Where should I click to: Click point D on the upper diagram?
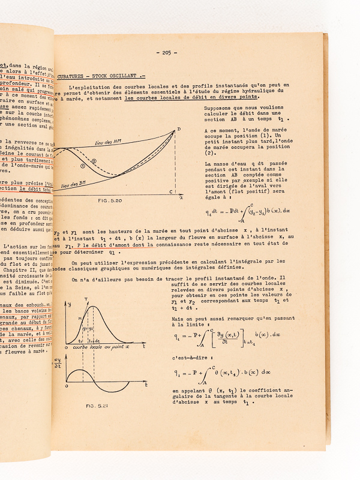click(179, 130)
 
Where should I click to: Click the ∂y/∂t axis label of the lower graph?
click(58, 361)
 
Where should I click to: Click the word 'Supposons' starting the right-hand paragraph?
click(220, 110)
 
